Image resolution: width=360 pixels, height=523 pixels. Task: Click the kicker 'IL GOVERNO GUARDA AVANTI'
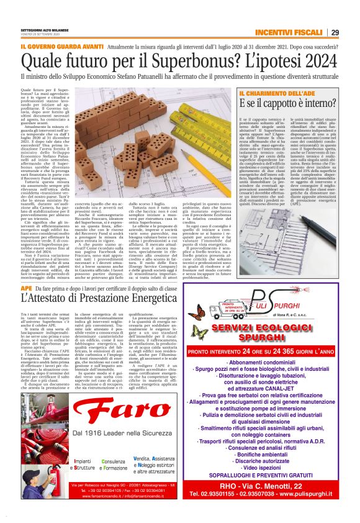60,46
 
